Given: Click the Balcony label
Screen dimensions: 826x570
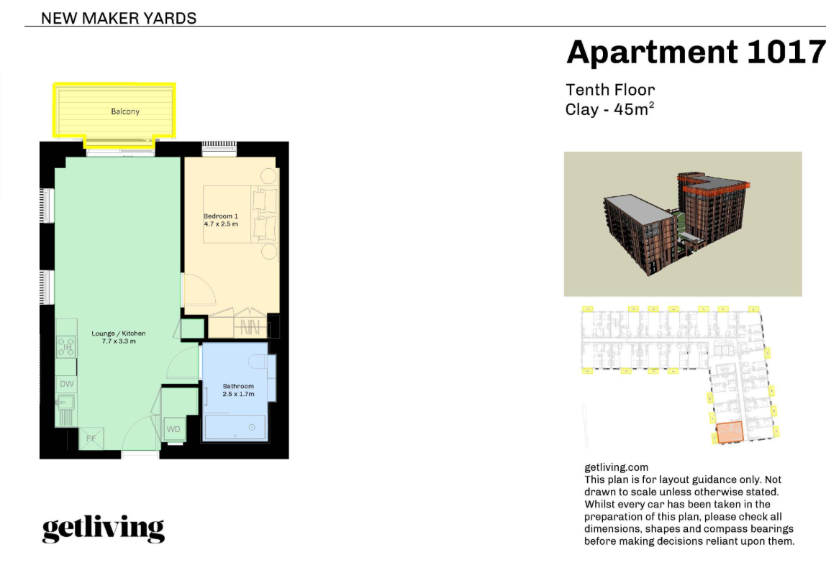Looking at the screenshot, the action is [x=125, y=111].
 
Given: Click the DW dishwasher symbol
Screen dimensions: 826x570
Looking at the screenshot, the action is [x=66, y=384].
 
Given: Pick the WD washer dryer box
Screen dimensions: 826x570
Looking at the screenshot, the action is [x=173, y=429].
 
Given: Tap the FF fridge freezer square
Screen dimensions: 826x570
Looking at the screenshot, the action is [x=91, y=438].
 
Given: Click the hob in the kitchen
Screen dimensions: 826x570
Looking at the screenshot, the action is [x=66, y=347].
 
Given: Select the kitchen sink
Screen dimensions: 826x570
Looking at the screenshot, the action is [x=65, y=404].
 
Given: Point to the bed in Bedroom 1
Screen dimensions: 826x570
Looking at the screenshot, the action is [x=240, y=214].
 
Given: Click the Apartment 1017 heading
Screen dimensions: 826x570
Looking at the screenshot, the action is [x=695, y=52].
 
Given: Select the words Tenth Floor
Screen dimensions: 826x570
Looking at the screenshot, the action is [x=610, y=90].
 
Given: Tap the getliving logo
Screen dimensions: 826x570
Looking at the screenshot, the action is [x=104, y=529].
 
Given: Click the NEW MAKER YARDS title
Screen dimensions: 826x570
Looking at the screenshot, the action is [x=119, y=19].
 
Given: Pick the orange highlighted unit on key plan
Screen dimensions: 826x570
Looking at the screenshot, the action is [x=730, y=431].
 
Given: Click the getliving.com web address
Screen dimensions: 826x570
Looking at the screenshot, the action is [x=617, y=467].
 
